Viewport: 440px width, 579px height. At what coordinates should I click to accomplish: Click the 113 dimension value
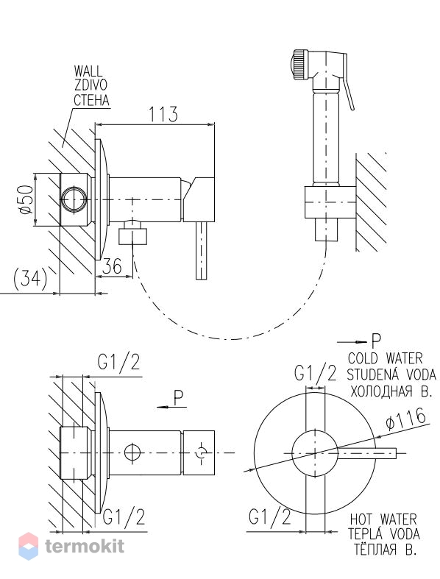pyautogui.click(x=163, y=114)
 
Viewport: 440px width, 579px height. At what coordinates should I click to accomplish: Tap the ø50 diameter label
pyautogui.click(x=26, y=199)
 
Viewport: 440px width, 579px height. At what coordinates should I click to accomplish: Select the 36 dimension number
pyautogui.click(x=111, y=266)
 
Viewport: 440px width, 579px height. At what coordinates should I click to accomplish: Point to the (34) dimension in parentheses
pyautogui.click(x=30, y=280)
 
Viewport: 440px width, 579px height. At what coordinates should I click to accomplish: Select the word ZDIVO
pyautogui.click(x=91, y=85)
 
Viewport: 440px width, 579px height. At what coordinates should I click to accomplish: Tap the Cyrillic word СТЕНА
pyautogui.click(x=92, y=100)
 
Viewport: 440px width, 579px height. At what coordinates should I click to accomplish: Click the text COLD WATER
pyautogui.click(x=386, y=358)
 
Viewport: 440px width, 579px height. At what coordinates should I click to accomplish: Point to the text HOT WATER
pyautogui.click(x=383, y=519)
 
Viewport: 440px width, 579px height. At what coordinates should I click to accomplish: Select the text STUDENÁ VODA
pyautogui.click(x=391, y=374)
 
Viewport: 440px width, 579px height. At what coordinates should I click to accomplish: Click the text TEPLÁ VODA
pyautogui.click(x=384, y=534)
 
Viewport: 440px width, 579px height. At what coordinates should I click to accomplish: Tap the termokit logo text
pyautogui.click(x=85, y=546)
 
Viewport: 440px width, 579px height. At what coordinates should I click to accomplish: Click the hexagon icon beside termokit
pyautogui.click(x=28, y=546)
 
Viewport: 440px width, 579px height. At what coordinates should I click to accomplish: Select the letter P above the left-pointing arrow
pyautogui.click(x=179, y=399)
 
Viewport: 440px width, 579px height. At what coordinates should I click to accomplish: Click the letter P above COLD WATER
pyautogui.click(x=376, y=341)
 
